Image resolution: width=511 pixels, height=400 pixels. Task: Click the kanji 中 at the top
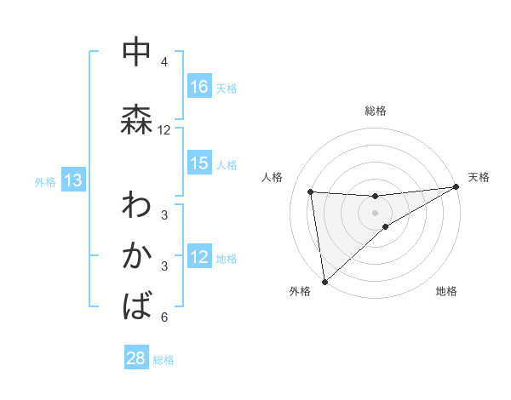point(137,52)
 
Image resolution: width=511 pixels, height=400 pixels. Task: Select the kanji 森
point(137,118)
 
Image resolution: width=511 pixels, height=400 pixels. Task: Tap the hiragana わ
point(137,206)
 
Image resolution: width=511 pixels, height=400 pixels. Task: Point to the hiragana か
point(137,255)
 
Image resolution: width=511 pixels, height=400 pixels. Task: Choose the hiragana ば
point(137,305)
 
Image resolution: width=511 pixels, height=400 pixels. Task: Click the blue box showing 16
point(199,87)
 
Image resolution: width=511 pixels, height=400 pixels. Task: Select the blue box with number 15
point(199,164)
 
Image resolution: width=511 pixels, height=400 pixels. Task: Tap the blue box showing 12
point(199,258)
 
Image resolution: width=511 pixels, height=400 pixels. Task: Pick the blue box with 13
point(72,180)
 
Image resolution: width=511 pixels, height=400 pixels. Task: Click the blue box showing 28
point(136,358)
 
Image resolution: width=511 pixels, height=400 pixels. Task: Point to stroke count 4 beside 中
point(164,62)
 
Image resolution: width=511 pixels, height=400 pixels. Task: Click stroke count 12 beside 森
point(164,130)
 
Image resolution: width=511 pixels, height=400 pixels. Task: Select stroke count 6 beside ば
point(164,317)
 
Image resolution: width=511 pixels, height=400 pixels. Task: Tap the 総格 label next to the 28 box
point(164,360)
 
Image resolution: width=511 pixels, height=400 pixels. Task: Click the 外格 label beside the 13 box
point(45,181)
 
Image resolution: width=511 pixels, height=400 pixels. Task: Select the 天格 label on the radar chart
point(479,177)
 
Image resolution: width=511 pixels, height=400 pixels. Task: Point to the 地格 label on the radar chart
point(446,291)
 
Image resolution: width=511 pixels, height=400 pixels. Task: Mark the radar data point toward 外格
point(324,281)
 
